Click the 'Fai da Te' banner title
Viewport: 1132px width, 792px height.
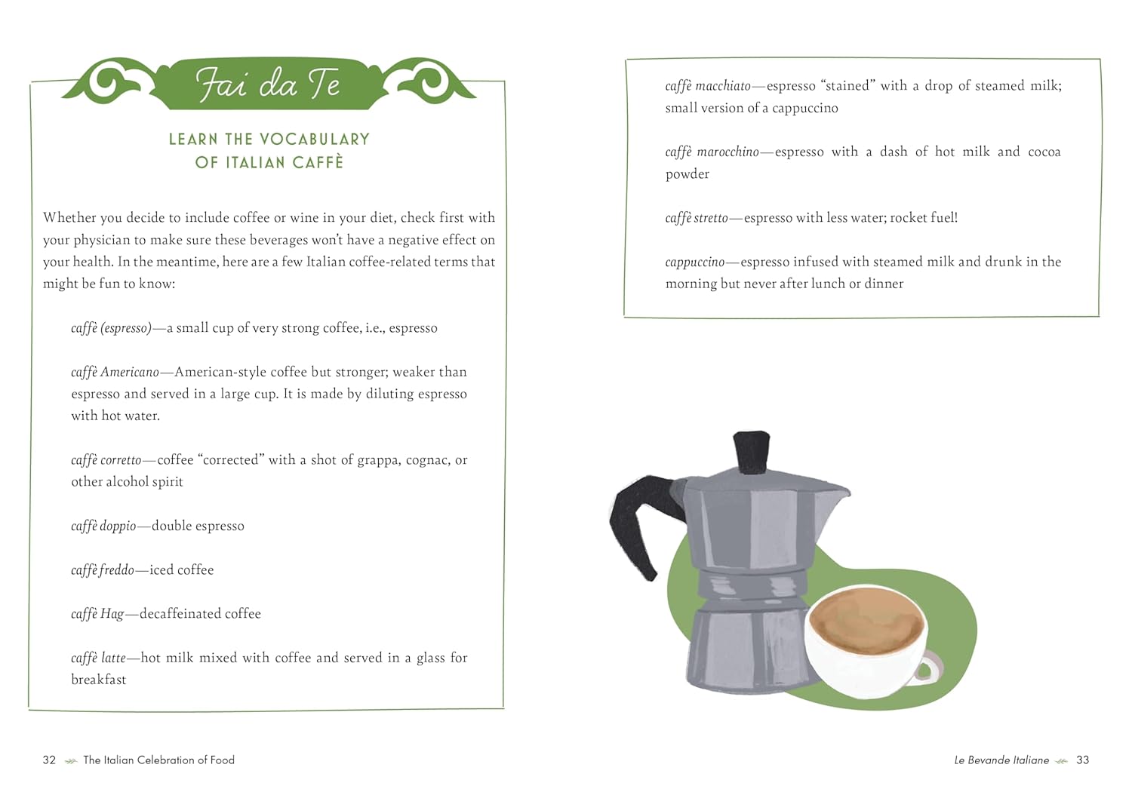[x=267, y=84]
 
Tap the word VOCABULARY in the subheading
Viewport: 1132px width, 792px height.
[x=315, y=140]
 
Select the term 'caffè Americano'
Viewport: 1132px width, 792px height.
[x=115, y=373]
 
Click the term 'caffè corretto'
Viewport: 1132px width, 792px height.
[x=106, y=460]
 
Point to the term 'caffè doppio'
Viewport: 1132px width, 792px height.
[x=103, y=526]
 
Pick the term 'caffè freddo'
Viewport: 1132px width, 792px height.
[x=103, y=570]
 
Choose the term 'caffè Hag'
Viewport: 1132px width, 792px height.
[x=97, y=614]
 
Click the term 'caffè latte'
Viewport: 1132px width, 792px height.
[x=99, y=658]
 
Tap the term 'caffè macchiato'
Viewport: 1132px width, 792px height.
[x=708, y=87]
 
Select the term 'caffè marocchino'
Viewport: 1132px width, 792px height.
[x=712, y=152]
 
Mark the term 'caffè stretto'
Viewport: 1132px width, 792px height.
[x=697, y=218]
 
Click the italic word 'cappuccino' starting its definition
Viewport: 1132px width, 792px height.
[x=695, y=262]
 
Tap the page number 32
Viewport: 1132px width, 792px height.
[x=49, y=760]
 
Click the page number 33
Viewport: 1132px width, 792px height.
[x=1082, y=760]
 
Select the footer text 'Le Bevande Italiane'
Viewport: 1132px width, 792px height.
[x=1001, y=760]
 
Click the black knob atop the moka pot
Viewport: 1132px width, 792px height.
[x=752, y=451]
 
